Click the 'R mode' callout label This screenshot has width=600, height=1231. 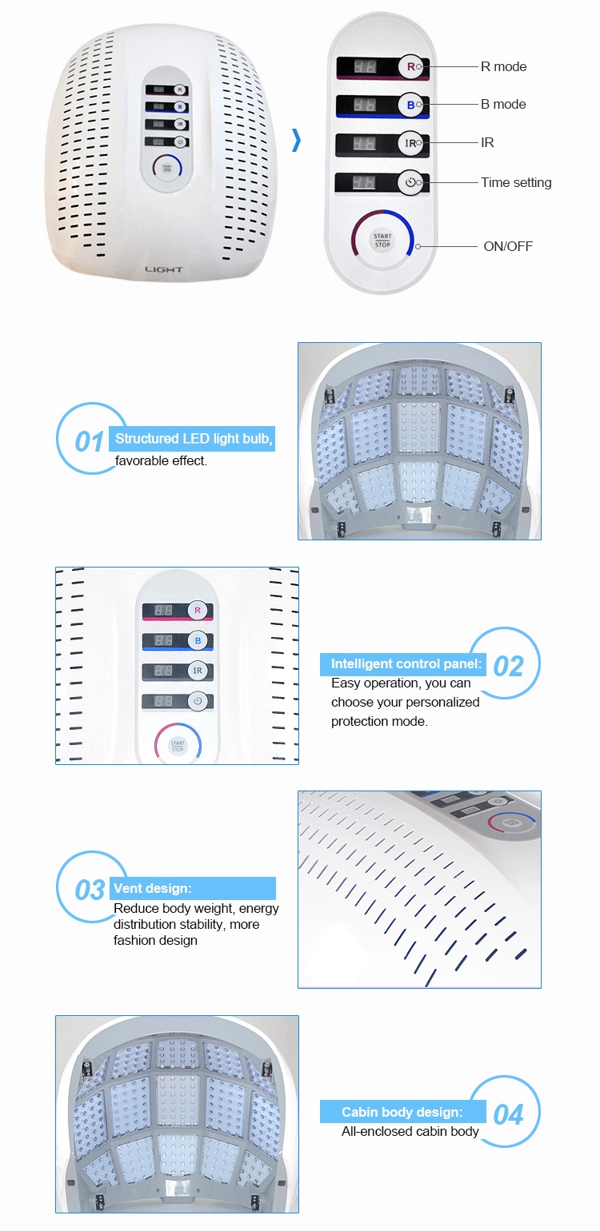click(x=503, y=66)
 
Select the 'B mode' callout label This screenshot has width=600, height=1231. click(x=503, y=104)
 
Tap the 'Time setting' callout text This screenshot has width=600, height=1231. click(x=516, y=182)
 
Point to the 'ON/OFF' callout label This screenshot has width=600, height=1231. click(x=508, y=246)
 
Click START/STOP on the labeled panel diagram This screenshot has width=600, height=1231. click(x=382, y=240)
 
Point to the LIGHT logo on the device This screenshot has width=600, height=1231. click(x=164, y=269)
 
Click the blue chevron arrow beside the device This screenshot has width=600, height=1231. click(x=297, y=141)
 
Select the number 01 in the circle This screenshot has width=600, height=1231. click(x=90, y=441)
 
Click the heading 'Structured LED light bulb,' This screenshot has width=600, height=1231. click(x=194, y=439)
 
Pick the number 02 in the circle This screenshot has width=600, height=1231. click(x=508, y=666)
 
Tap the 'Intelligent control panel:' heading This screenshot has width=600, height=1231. click(x=406, y=663)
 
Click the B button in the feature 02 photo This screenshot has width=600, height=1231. click(x=198, y=640)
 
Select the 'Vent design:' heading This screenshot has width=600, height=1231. click(x=153, y=888)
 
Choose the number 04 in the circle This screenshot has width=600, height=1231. click(x=508, y=1114)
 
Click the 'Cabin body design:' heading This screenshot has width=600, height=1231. click(x=402, y=1112)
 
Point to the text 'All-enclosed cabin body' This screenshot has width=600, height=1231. click(x=410, y=1131)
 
